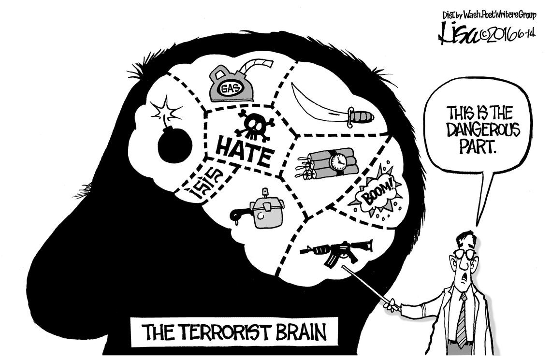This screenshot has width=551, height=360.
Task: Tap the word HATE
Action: click(x=244, y=148)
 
